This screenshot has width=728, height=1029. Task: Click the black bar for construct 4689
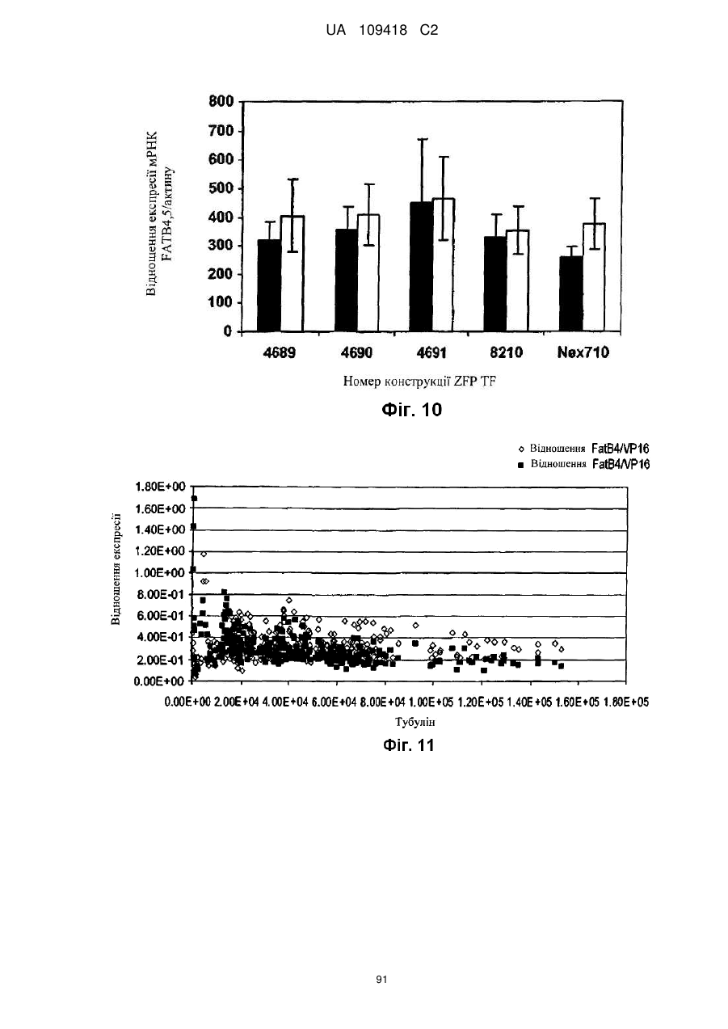(x=269, y=285)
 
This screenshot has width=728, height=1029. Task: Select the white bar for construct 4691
(x=444, y=264)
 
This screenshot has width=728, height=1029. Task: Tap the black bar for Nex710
(x=571, y=293)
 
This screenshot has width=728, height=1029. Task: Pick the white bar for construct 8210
(x=518, y=280)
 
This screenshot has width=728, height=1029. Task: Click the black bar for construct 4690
(x=347, y=280)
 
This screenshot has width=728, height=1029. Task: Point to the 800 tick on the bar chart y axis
(x=221, y=101)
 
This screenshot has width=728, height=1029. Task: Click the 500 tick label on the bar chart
(x=221, y=188)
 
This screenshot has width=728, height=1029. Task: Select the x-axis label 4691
(x=431, y=352)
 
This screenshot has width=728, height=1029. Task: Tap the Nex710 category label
(x=583, y=352)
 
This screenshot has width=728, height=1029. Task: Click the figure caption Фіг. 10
(x=411, y=410)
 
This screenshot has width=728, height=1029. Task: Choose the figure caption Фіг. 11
(x=408, y=745)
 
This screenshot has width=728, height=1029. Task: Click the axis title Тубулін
(x=415, y=722)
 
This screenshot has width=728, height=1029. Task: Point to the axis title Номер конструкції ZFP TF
(x=419, y=382)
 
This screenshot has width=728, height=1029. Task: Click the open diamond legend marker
(x=521, y=449)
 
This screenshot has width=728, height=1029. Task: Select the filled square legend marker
(x=521, y=465)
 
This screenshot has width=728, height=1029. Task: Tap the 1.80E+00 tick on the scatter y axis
(x=160, y=487)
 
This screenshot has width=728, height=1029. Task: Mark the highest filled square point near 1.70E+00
(x=194, y=499)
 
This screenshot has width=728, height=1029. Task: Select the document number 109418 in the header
(x=383, y=31)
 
